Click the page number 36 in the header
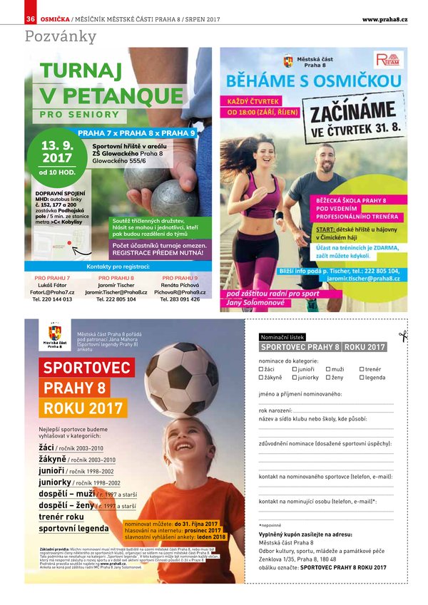pos(31,18)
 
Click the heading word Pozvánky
pos(61,36)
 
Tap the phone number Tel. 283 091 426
pos(180,299)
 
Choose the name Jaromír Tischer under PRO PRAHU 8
pos(116,284)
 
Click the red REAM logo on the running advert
pos(389,60)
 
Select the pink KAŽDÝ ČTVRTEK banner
pos(254,101)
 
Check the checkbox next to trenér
pos(362,369)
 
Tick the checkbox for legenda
pos(362,378)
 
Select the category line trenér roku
pos(61,517)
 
